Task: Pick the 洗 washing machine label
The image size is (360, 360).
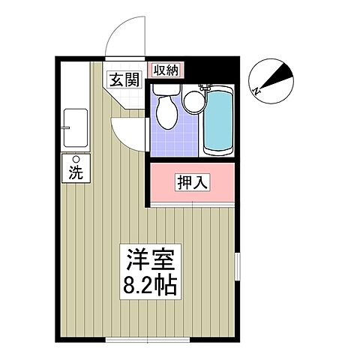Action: [76, 172]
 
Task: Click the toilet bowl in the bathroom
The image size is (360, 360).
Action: [167, 113]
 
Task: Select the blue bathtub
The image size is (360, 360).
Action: [218, 121]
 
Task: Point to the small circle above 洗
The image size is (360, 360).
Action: [76, 158]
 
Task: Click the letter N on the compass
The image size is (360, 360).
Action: [257, 91]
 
